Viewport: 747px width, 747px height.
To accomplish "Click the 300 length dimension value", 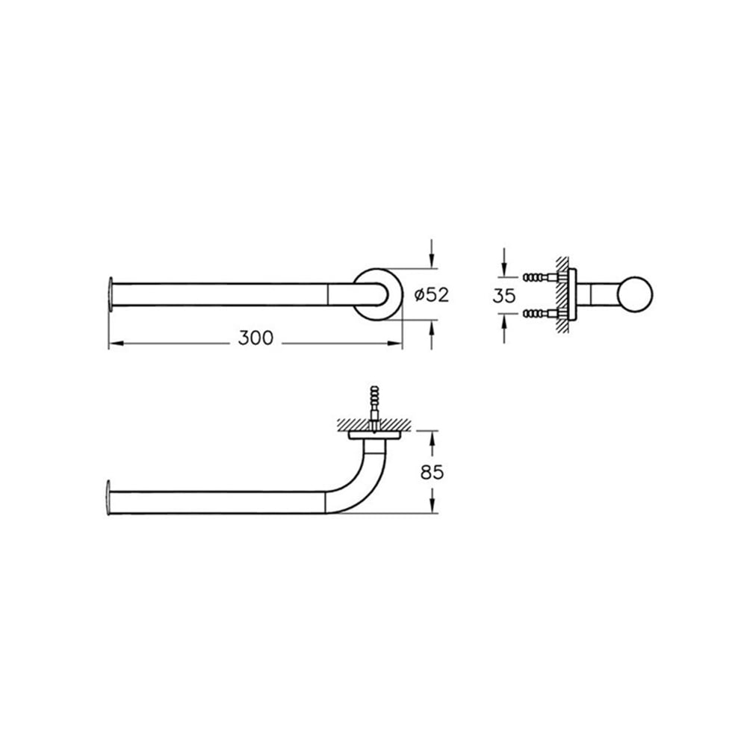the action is [255, 338].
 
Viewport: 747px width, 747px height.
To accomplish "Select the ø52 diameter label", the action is [432, 295].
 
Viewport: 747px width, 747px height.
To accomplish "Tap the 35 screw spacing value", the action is [504, 296].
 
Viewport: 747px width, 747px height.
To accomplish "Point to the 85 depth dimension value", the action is [432, 472].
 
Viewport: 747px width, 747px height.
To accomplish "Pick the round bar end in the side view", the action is [635, 295].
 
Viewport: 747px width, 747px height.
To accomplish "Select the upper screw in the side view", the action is [541, 277].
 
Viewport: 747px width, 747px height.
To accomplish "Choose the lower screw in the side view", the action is [541, 314].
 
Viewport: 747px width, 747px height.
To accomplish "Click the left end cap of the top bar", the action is [111, 294].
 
